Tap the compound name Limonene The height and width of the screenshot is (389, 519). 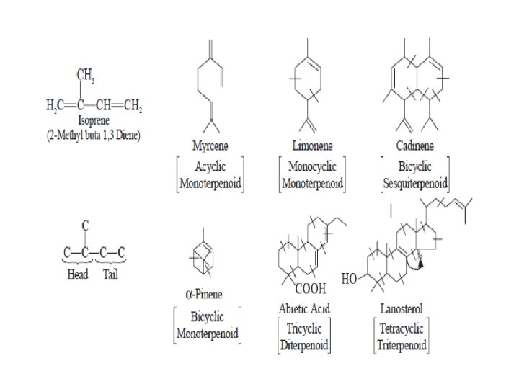click(311, 146)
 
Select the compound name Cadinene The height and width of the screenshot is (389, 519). click(414, 146)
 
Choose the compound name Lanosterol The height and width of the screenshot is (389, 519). click(402, 309)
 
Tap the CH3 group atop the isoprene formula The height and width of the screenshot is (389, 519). click(88, 74)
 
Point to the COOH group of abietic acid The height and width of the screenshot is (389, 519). click(312, 289)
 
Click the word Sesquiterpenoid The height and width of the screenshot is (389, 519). click(414, 180)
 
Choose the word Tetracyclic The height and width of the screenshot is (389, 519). click(402, 328)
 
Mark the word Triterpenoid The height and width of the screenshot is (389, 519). click(402, 344)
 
